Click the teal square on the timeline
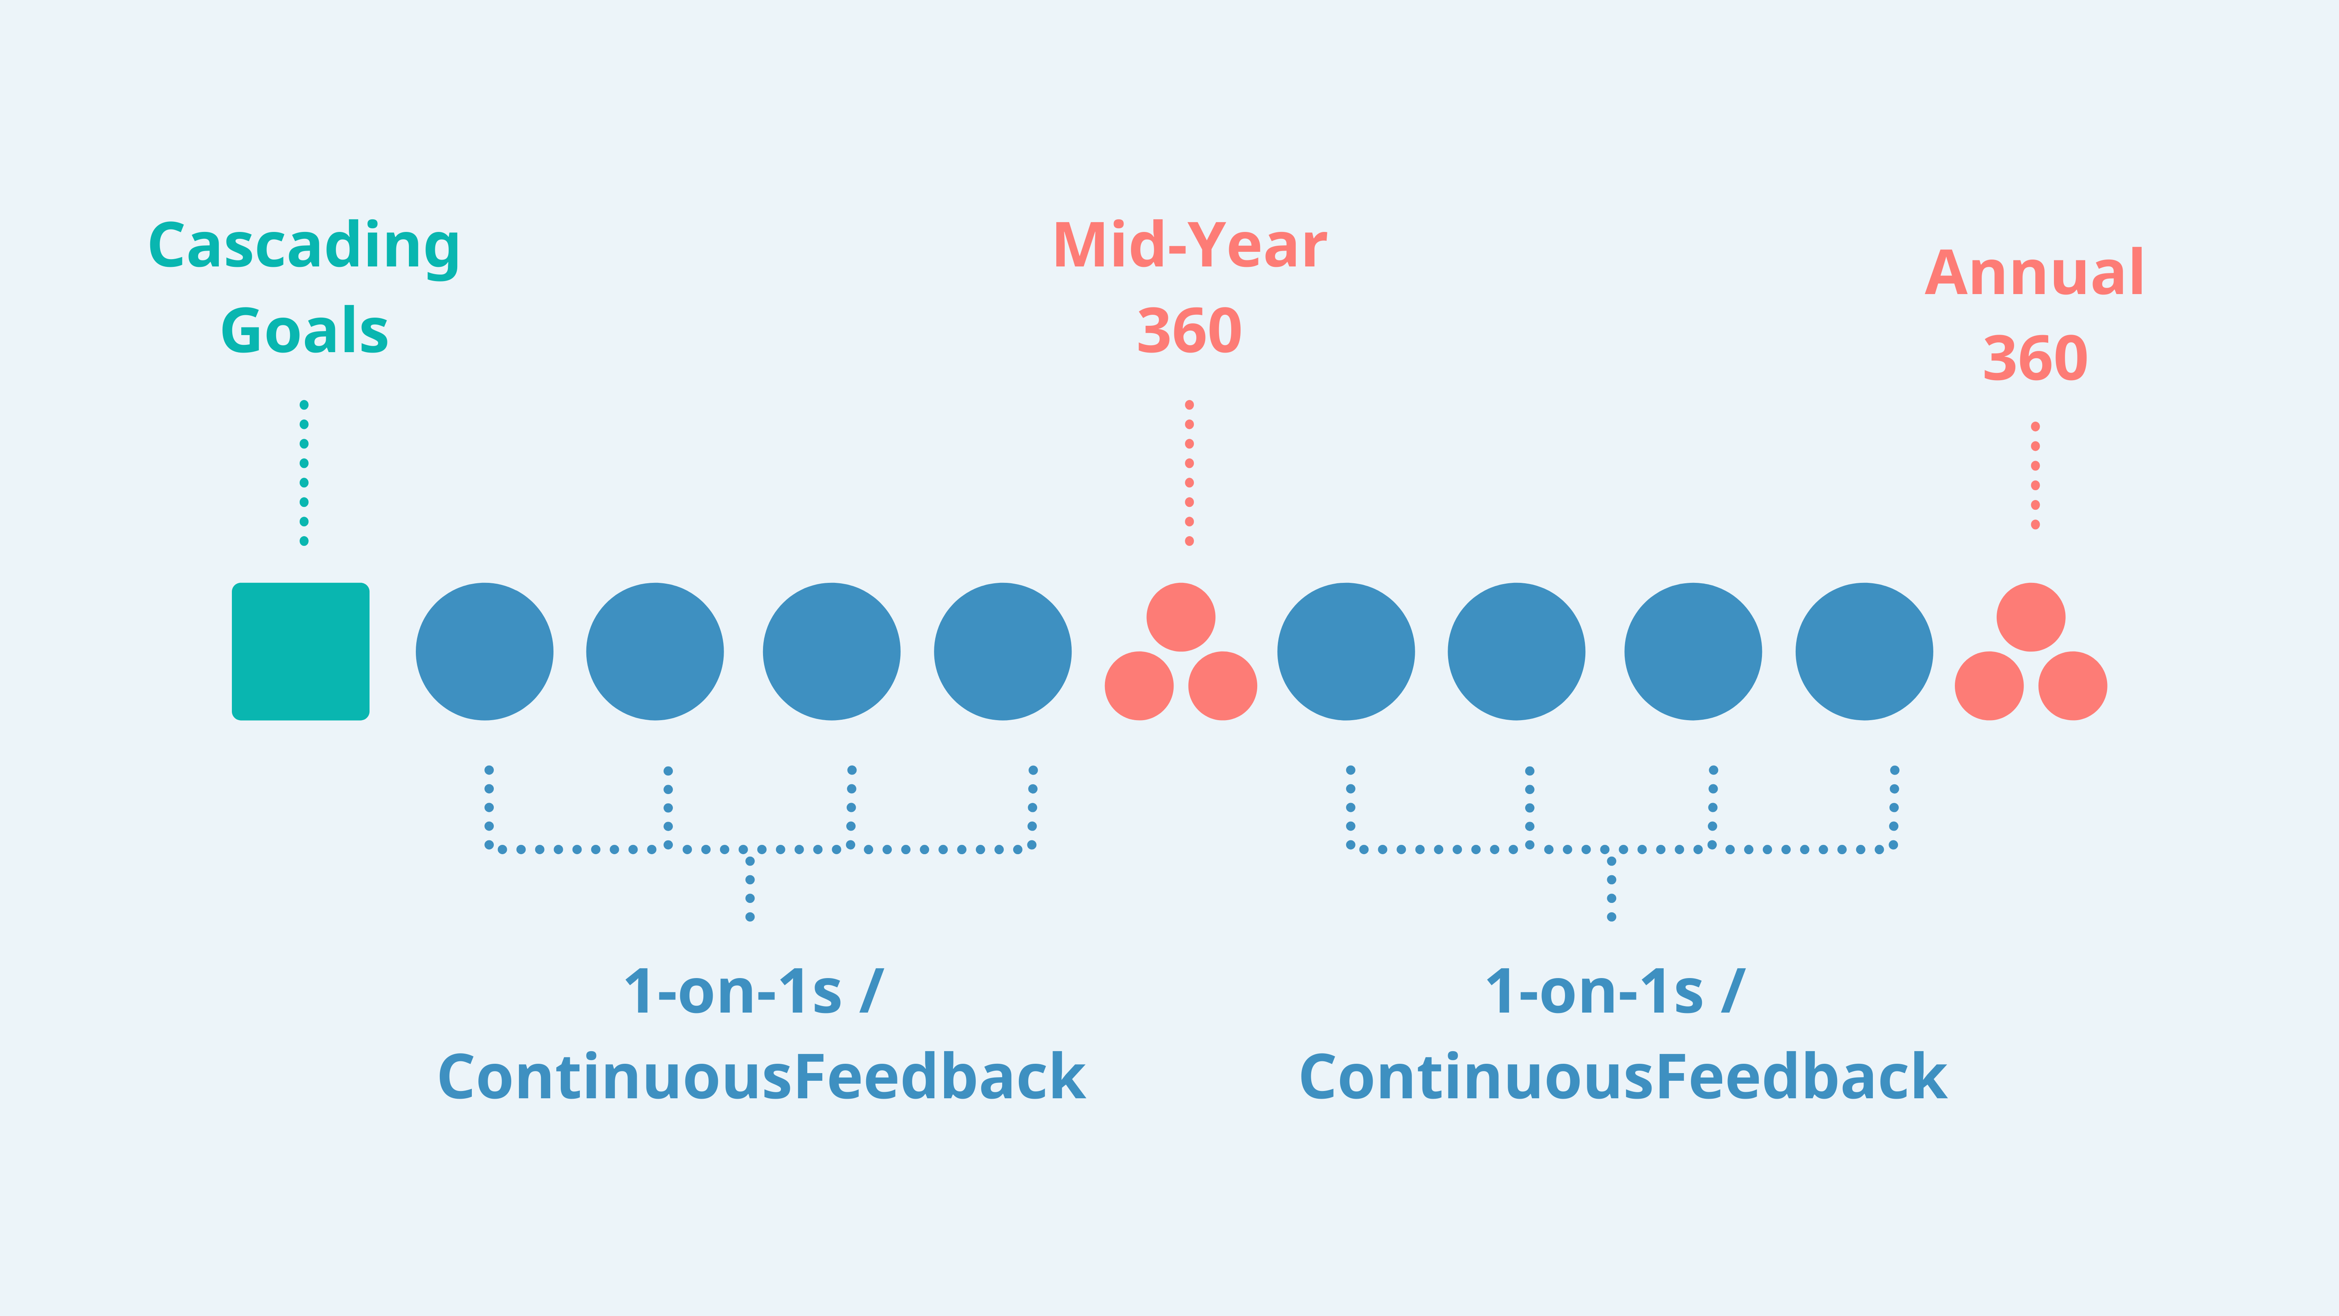pyautogui.click(x=300, y=651)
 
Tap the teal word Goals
pyautogui.click(x=304, y=331)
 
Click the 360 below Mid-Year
pyautogui.click(x=1189, y=331)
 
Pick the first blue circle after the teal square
pyautogui.click(x=485, y=651)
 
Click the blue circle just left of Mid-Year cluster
pyautogui.click(x=1003, y=651)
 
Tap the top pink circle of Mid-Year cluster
pyautogui.click(x=1180, y=617)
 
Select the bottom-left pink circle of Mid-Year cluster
pyautogui.click(x=1139, y=686)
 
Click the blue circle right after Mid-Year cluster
pyautogui.click(x=1346, y=651)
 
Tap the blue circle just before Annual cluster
pyautogui.click(x=1864, y=651)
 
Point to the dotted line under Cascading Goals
pyautogui.click(x=304, y=472)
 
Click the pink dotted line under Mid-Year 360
pyautogui.click(x=1189, y=472)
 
